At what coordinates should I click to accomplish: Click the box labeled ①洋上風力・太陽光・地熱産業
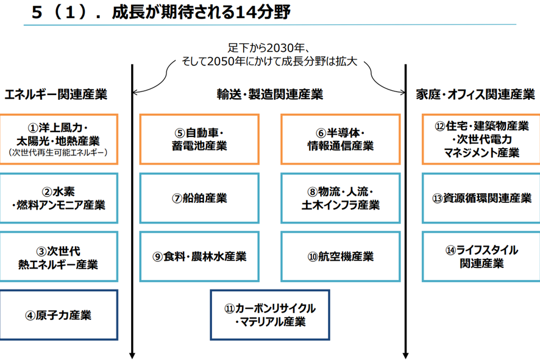(x=59, y=139)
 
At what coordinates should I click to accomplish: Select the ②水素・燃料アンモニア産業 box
(x=59, y=198)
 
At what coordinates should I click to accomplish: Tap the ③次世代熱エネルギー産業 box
(x=59, y=256)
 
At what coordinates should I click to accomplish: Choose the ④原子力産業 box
(x=59, y=315)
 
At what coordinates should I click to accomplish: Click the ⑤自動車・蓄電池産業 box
(x=199, y=139)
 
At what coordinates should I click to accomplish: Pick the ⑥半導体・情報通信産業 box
(x=341, y=139)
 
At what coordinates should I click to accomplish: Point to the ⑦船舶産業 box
(x=199, y=198)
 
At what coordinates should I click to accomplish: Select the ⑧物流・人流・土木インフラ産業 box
(x=341, y=198)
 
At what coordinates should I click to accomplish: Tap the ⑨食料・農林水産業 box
(x=199, y=256)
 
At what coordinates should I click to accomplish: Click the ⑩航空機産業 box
(x=341, y=256)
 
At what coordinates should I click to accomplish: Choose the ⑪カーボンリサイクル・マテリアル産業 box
(x=270, y=315)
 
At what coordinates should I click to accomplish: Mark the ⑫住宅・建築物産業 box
(x=481, y=139)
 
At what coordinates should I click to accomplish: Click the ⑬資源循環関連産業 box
(x=481, y=198)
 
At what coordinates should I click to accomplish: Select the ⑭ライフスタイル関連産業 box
(x=481, y=256)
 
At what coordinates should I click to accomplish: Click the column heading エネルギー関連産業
(x=56, y=94)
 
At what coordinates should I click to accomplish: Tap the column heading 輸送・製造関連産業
(x=270, y=94)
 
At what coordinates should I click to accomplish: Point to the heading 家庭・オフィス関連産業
(x=475, y=94)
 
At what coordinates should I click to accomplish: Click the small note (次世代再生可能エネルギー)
(x=58, y=152)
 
